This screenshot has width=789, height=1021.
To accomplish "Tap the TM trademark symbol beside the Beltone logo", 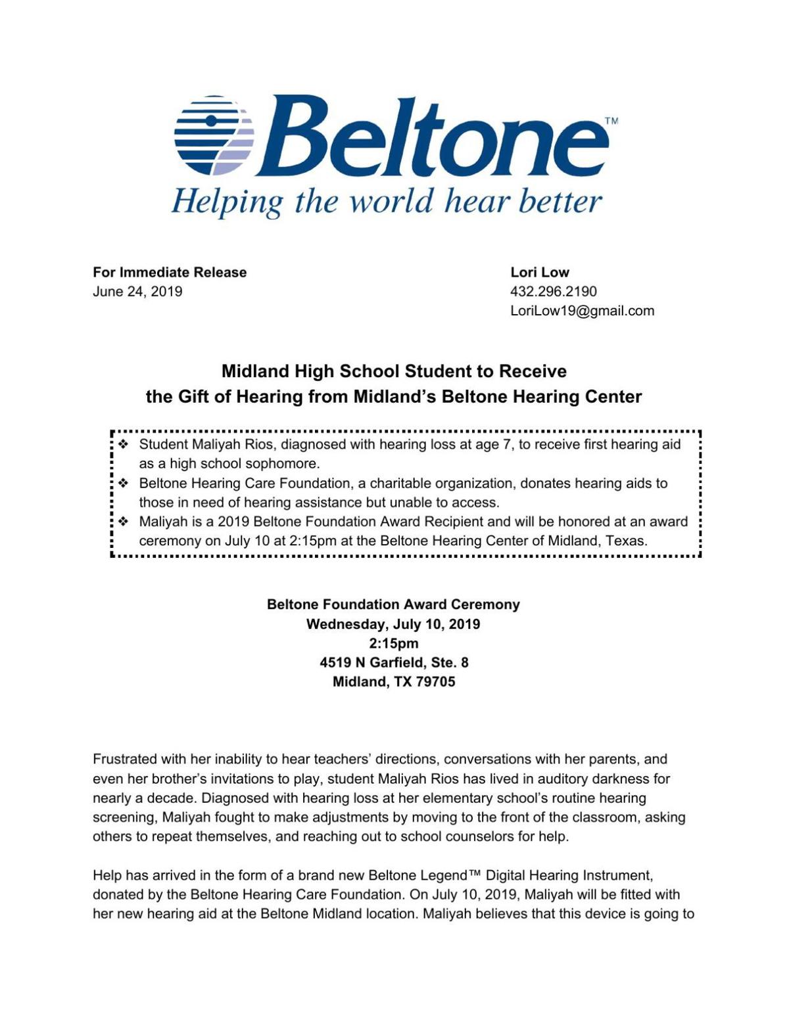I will (x=610, y=122).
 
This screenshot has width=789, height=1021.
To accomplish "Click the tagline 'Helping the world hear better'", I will (x=387, y=201).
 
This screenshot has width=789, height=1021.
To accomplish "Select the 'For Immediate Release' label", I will (x=170, y=272).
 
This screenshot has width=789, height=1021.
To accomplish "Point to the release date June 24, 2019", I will (x=137, y=291).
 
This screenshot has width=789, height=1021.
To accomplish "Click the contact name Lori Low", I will (x=539, y=272).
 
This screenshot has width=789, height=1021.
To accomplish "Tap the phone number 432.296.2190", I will (x=553, y=291).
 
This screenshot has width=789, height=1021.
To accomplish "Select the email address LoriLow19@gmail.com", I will (x=582, y=311).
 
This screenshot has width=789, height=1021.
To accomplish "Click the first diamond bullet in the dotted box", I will (x=123, y=445).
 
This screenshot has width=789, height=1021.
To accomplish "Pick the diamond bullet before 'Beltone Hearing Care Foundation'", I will (x=123, y=484).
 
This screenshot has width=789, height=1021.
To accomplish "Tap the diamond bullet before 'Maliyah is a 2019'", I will (x=123, y=522).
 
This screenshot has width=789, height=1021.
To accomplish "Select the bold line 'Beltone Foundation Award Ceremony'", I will (x=393, y=604).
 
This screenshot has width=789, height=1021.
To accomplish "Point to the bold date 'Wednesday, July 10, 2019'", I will (x=393, y=624).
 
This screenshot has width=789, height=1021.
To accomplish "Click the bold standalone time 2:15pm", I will (x=393, y=643).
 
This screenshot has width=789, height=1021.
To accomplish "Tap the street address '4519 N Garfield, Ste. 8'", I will (x=393, y=662).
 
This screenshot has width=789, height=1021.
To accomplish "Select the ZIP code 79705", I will (x=435, y=681).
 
